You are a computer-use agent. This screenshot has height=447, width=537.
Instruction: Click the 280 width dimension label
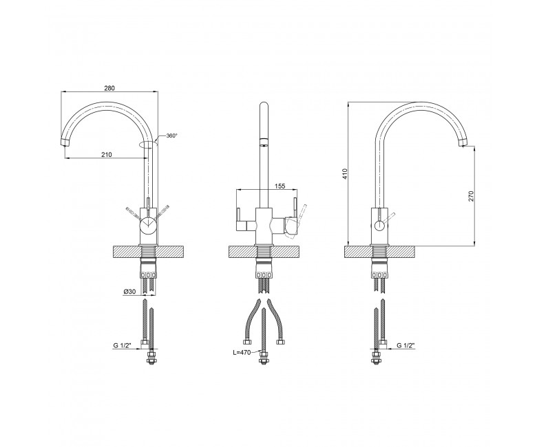click(x=109, y=88)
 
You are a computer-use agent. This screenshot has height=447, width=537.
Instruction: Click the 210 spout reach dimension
click(x=107, y=155)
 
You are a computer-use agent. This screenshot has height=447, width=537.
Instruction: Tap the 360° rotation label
click(x=172, y=135)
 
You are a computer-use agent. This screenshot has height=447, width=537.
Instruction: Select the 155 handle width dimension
click(x=280, y=186)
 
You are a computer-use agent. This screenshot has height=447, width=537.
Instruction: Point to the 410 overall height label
click(x=345, y=174)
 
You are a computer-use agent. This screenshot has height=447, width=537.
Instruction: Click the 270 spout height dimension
click(x=470, y=196)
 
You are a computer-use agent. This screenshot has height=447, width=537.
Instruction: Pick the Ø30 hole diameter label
click(x=130, y=292)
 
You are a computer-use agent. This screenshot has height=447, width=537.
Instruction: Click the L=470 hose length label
click(x=242, y=352)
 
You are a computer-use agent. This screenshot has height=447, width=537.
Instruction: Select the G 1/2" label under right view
click(x=406, y=345)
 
